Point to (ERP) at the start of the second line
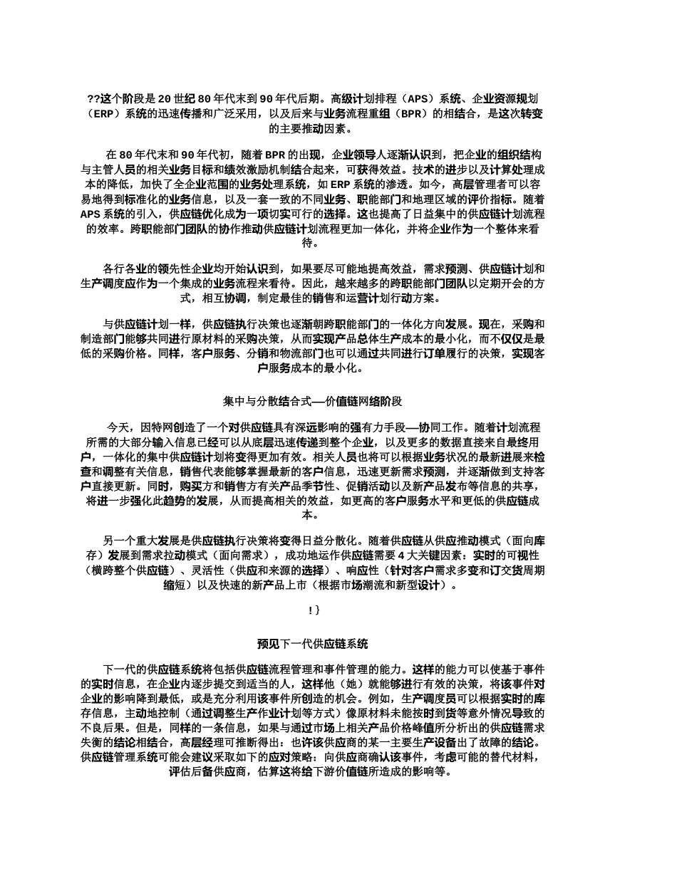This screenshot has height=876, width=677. (101, 114)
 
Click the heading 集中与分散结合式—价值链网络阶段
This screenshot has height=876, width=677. (312, 402)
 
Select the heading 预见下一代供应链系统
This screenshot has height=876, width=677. (312, 644)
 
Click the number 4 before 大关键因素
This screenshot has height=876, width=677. (401, 555)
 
